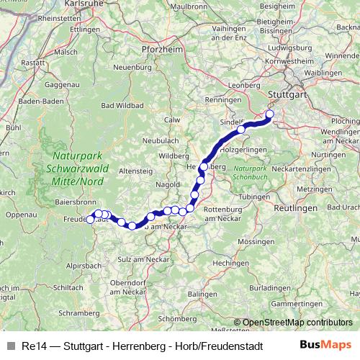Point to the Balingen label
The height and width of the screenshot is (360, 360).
201,294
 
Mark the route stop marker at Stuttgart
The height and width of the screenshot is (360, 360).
271,114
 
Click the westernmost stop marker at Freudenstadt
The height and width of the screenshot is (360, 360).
91,220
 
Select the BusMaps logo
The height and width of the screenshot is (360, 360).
325,344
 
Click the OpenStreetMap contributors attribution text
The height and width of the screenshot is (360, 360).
297,322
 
